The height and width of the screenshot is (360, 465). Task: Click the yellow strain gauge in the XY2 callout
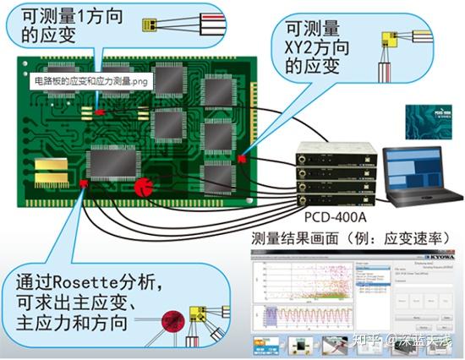tap(391, 38)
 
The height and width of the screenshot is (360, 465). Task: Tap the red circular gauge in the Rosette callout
tap(173, 320)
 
